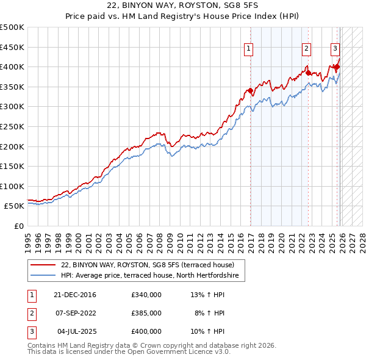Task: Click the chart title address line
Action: (182, 6)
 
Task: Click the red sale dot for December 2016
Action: (250, 91)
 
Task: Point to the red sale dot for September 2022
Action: (308, 73)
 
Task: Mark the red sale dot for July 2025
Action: (337, 67)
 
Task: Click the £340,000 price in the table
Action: (146, 295)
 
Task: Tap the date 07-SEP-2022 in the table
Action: (75, 313)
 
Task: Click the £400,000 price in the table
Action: (146, 331)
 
